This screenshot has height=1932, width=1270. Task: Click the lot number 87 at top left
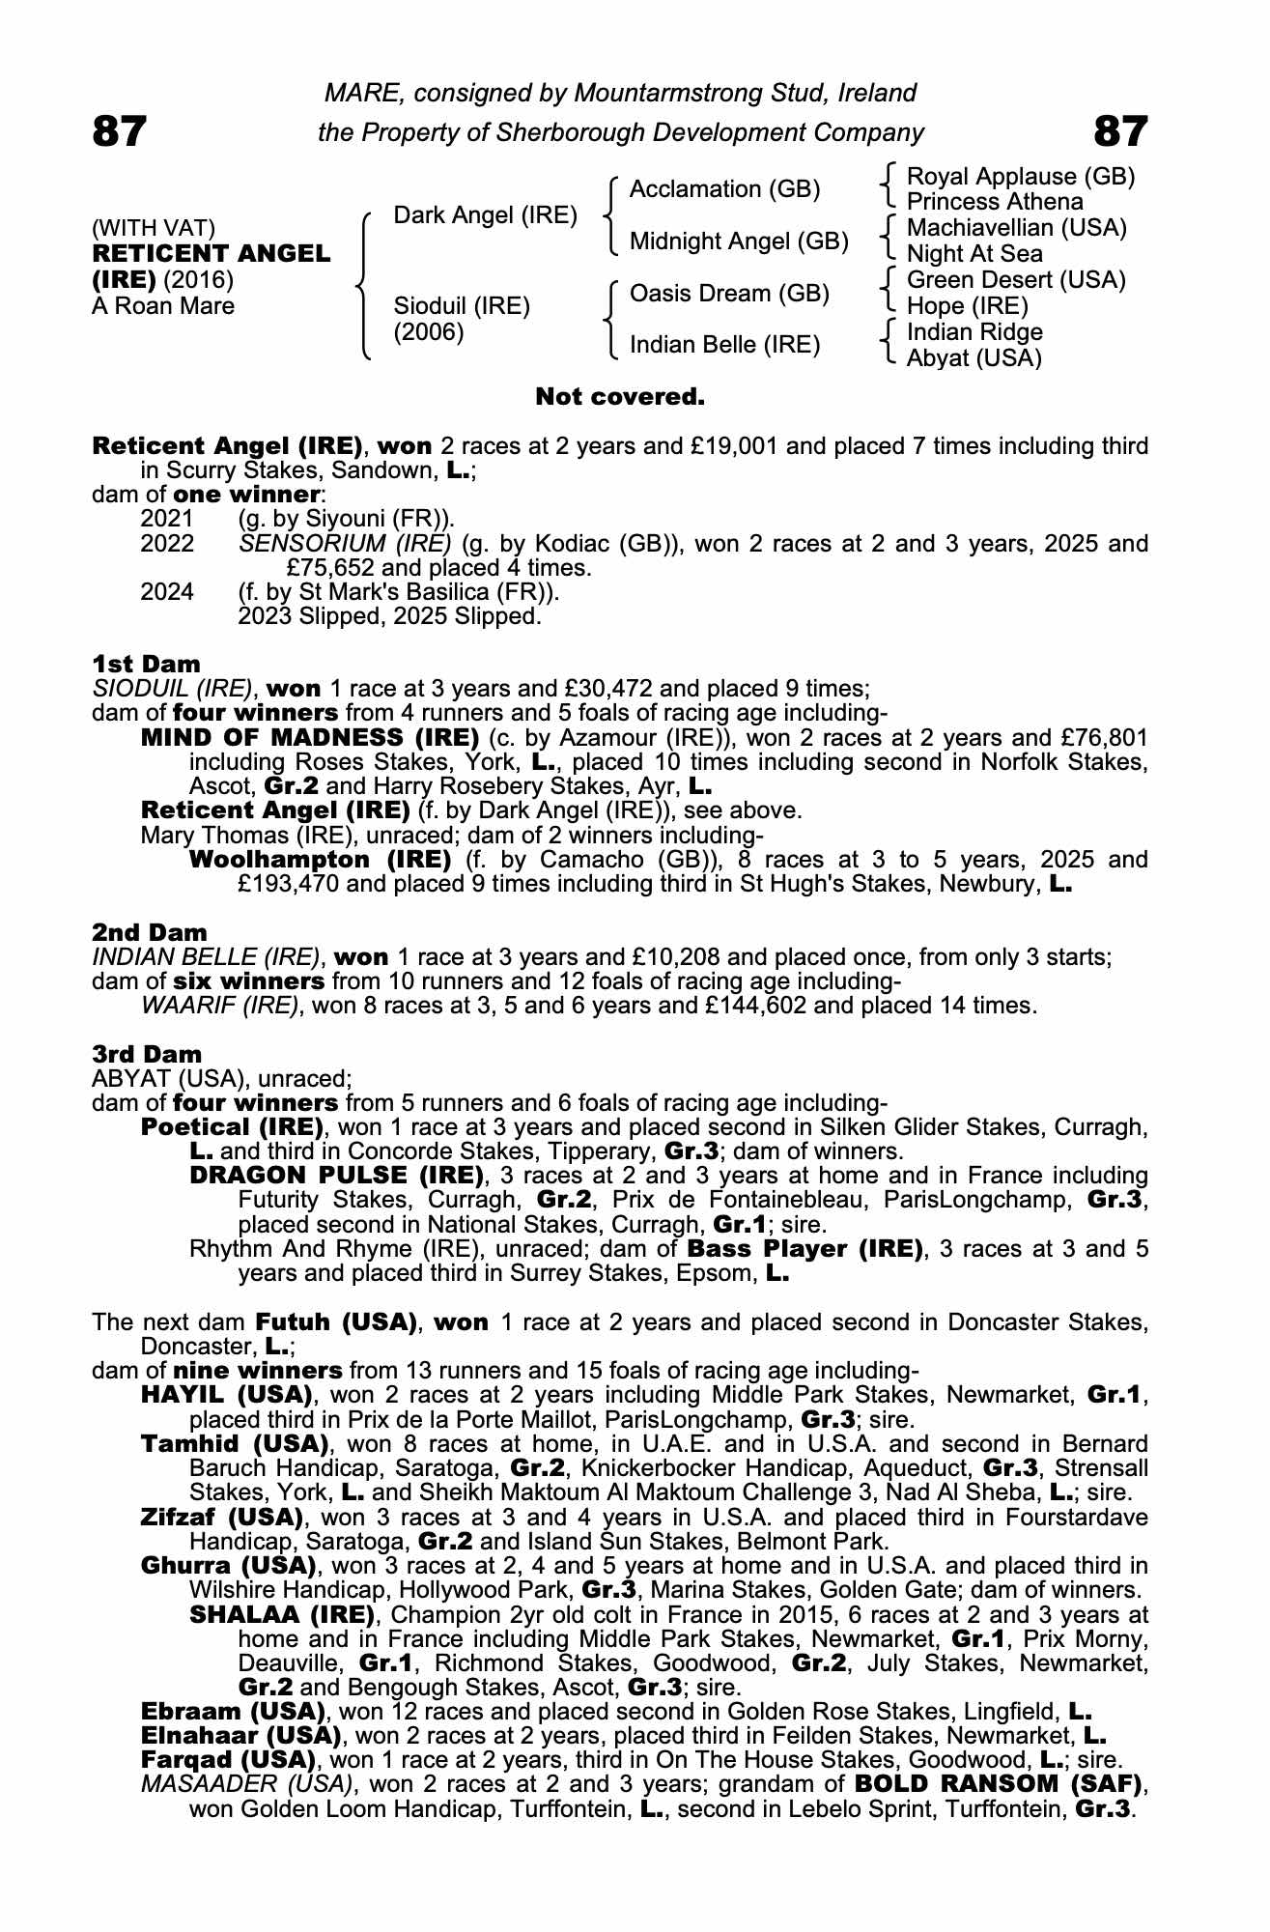pyautogui.click(x=120, y=130)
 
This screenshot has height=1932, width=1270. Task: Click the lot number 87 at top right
pyautogui.click(x=1120, y=130)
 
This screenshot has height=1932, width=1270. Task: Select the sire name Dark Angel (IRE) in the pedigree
pyautogui.click(x=485, y=215)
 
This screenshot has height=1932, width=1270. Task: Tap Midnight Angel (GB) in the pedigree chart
pyautogui.click(x=739, y=241)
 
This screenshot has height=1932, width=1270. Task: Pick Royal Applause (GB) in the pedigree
pyautogui.click(x=1021, y=177)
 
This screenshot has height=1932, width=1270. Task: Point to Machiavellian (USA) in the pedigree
pyautogui.click(x=1017, y=228)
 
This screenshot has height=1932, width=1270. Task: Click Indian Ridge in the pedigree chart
pyautogui.click(x=974, y=332)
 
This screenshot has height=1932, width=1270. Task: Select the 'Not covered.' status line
pyautogui.click(x=620, y=397)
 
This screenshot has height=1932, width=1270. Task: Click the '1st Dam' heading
pyautogui.click(x=146, y=664)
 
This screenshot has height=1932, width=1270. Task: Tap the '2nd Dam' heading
pyautogui.click(x=149, y=932)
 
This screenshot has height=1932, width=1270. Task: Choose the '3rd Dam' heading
pyautogui.click(x=147, y=1054)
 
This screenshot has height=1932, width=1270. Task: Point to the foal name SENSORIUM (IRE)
pyautogui.click(x=345, y=543)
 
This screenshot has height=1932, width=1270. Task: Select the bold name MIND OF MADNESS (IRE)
pyautogui.click(x=310, y=738)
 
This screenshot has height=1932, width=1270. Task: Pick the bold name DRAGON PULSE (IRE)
pyautogui.click(x=336, y=1176)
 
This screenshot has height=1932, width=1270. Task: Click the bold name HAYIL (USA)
pyautogui.click(x=226, y=1395)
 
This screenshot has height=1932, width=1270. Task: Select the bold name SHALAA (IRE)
pyautogui.click(x=282, y=1614)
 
